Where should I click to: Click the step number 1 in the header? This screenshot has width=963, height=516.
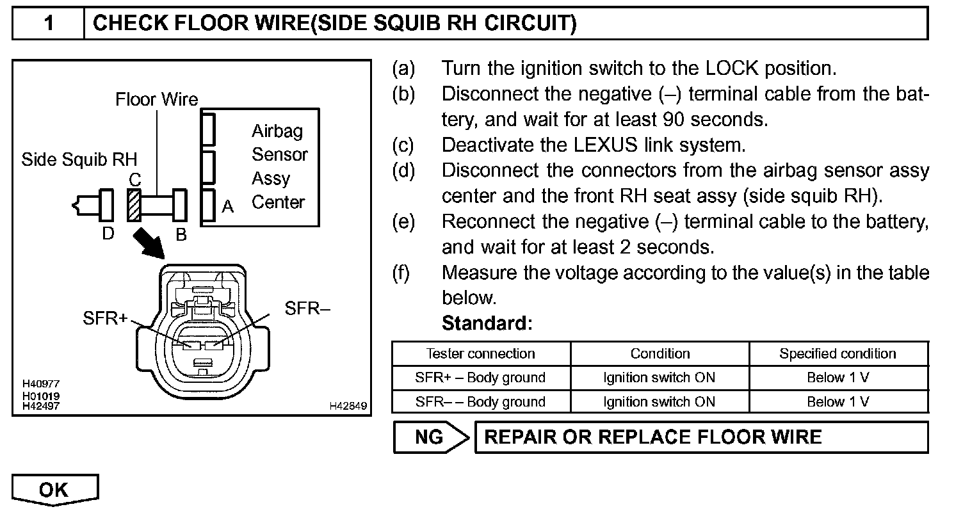click(49, 24)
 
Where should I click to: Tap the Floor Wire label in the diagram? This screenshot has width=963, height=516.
click(157, 100)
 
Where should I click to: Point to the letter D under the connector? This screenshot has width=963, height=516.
click(108, 234)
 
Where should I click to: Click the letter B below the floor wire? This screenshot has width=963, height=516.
click(181, 235)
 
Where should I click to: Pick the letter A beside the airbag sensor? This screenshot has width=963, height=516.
click(227, 207)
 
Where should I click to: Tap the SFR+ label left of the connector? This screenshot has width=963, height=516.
click(106, 318)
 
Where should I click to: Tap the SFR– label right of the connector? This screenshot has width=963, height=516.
click(307, 309)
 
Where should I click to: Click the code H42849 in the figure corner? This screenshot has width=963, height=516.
click(349, 406)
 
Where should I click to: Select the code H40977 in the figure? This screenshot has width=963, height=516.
click(41, 383)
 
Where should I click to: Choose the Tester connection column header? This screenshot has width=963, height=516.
click(480, 354)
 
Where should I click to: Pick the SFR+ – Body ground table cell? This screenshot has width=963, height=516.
click(480, 378)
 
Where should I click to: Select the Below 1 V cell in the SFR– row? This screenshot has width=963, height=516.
click(838, 402)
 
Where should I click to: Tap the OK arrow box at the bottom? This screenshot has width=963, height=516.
click(55, 490)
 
